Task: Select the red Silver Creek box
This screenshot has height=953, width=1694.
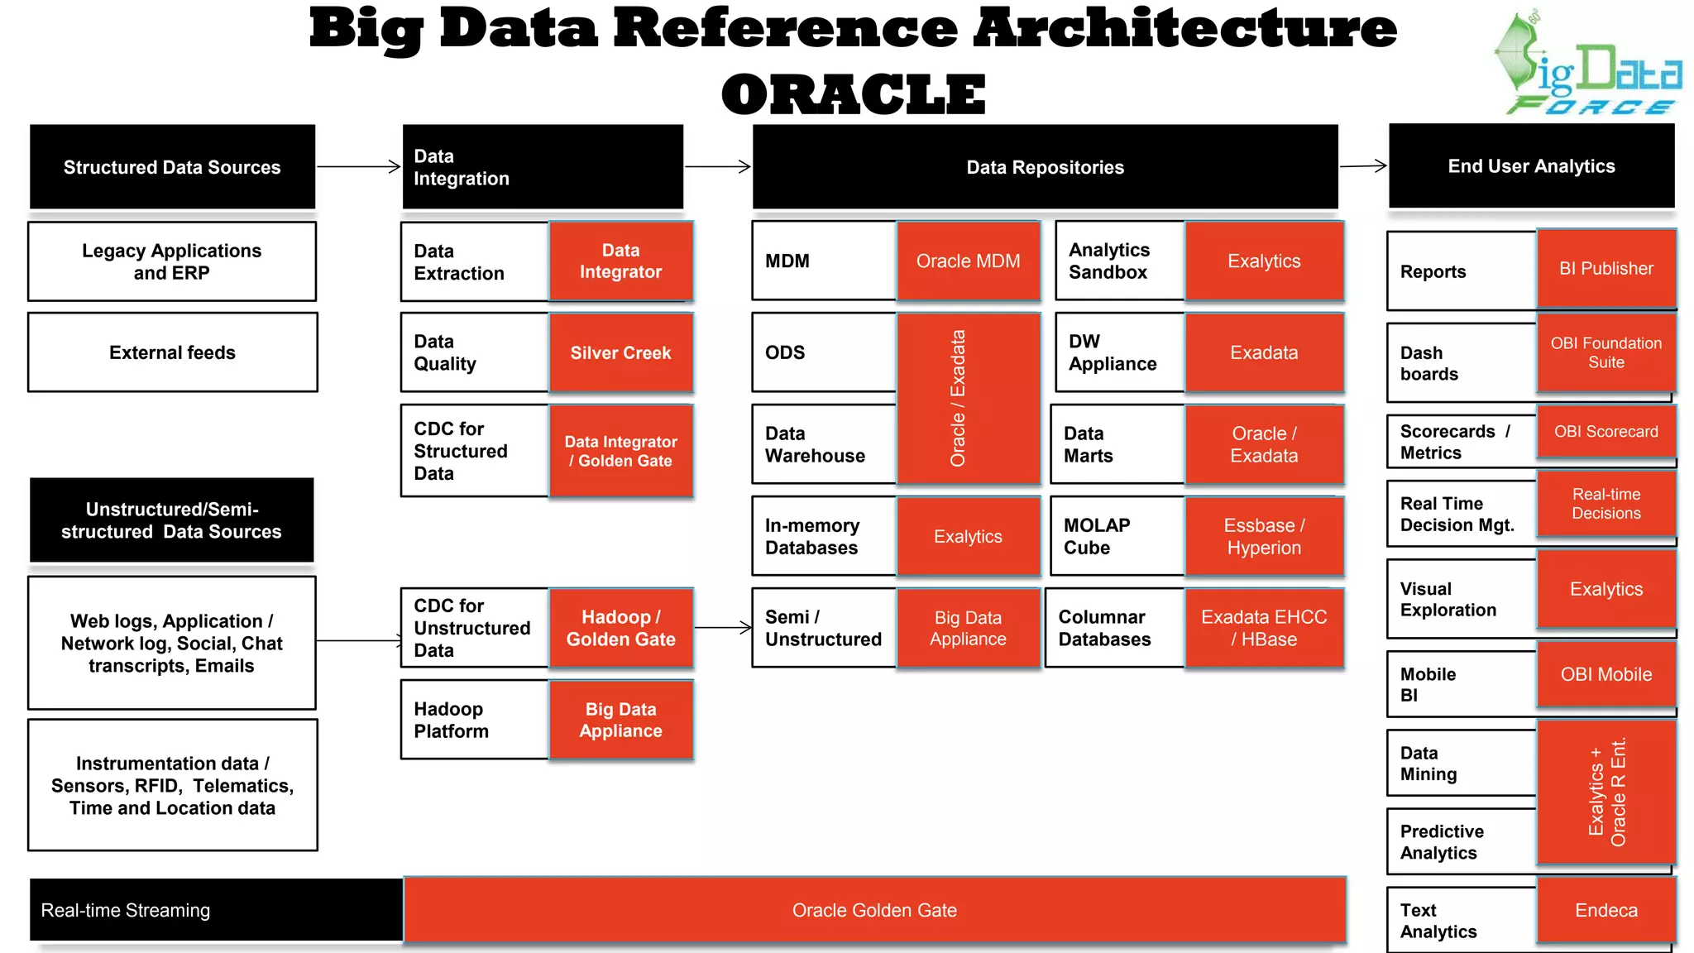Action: (620, 352)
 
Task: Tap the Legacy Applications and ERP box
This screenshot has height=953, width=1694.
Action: (172, 261)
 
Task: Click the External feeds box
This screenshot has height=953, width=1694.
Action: (172, 352)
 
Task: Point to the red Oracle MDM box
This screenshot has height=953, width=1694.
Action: (968, 261)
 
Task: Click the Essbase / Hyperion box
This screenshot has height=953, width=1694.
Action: (1264, 536)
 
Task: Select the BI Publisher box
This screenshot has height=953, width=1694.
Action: (1605, 269)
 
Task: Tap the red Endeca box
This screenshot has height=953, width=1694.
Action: (1605, 910)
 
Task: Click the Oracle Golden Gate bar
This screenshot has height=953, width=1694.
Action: (874, 910)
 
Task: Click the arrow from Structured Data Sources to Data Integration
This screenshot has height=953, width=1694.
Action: (358, 167)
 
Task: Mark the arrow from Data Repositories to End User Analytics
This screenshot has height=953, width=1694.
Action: (1362, 166)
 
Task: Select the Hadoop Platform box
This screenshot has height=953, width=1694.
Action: (475, 720)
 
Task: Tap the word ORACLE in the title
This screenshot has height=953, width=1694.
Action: (853, 94)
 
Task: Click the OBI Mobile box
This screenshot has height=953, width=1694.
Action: (1605, 674)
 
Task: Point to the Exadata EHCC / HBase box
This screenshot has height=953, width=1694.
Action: (1264, 628)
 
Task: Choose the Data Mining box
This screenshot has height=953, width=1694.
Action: (1461, 764)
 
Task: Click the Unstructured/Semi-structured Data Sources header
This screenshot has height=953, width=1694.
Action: (172, 520)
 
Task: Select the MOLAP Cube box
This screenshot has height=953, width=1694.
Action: (1117, 536)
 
